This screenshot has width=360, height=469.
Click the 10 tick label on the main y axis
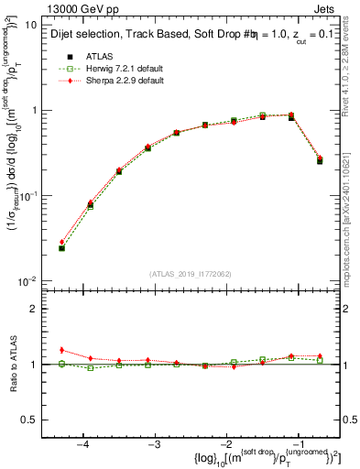point(30,26)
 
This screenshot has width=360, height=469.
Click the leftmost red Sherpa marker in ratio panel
point(61,350)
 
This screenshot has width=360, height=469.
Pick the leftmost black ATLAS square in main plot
point(61,248)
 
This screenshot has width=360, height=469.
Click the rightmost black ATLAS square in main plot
point(320,161)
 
